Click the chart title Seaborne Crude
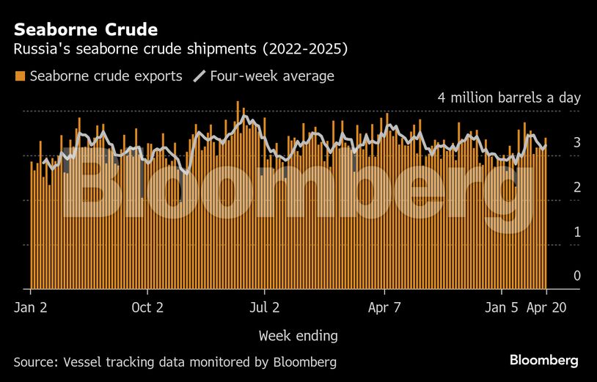pos(86,30)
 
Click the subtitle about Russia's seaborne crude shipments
pos(180,50)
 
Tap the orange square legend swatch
pos(20,76)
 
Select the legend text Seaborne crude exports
pos(106,76)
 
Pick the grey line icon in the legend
pos(199,76)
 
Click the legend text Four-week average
pos(271,76)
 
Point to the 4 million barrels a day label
pos(509,98)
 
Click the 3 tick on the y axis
pos(577,142)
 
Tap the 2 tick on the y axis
pos(577,187)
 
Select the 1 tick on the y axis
pos(577,232)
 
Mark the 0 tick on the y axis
pos(577,276)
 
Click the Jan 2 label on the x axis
pos(31,307)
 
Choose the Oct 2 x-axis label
pos(147,307)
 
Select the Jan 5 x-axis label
pos(502,307)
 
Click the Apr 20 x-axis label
pos(546,307)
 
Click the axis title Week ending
pos(298,336)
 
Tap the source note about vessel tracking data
pos(175,361)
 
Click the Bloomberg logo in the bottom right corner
pos(544,360)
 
